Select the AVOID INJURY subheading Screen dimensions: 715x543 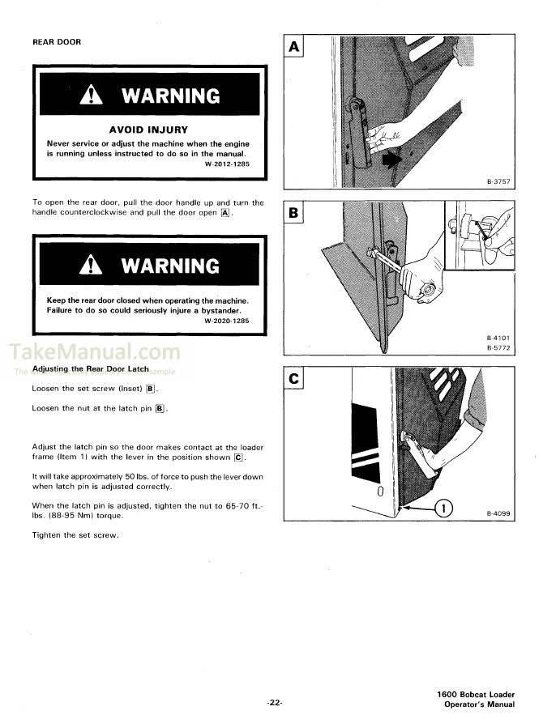148,129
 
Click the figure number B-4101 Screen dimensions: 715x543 499,338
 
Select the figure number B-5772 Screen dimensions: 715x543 499,348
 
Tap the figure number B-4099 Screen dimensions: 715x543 499,514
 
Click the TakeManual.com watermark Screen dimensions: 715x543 95,352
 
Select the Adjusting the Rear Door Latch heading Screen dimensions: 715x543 90,368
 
